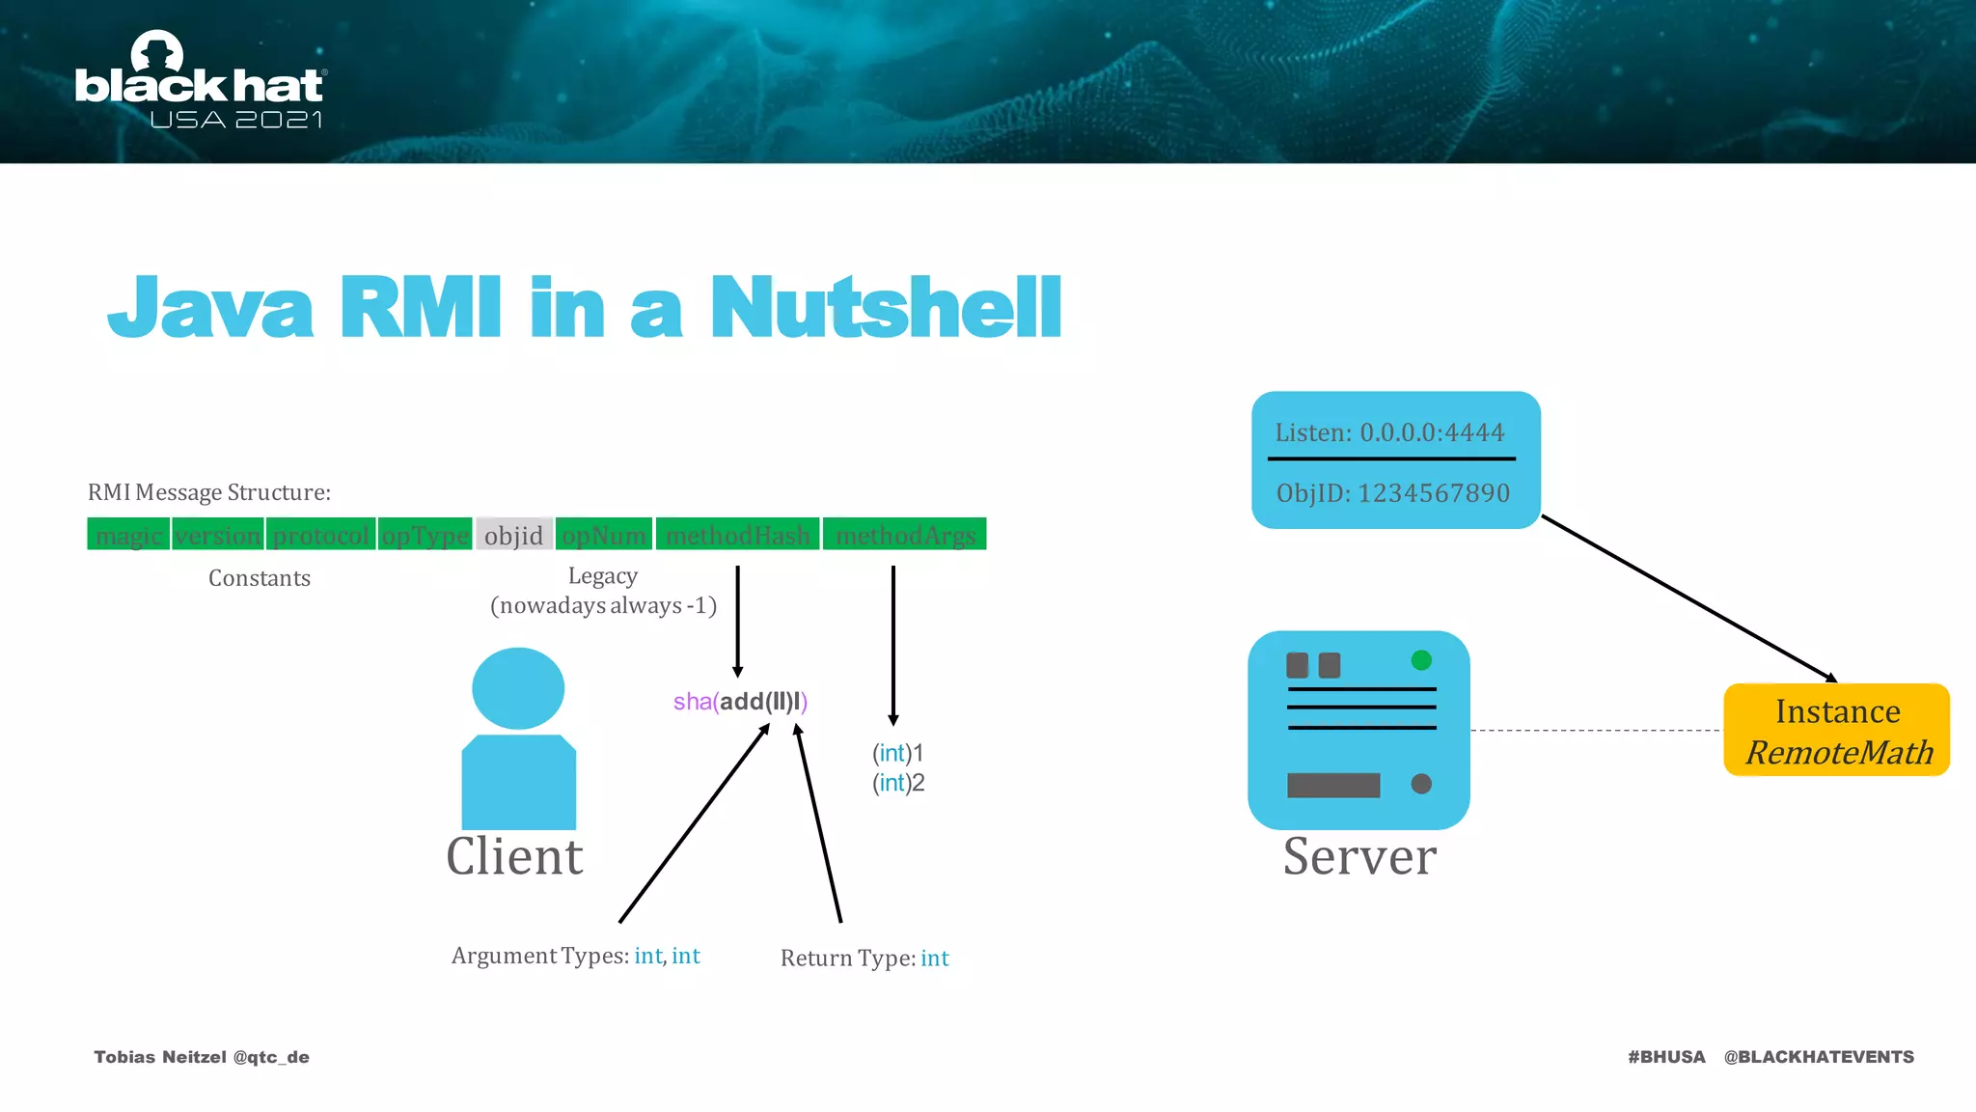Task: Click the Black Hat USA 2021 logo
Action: tap(201, 82)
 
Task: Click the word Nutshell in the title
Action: tap(886, 308)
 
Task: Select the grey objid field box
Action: tap(514, 535)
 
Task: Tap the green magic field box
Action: tap(128, 535)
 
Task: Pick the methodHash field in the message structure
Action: tap(737, 535)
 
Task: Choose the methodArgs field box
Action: tap(905, 535)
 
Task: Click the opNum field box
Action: tap(604, 535)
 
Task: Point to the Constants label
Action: tap(260, 578)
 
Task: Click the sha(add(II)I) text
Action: tap(740, 702)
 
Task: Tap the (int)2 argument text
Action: tap(898, 783)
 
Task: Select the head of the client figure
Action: tap(518, 688)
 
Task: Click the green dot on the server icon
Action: tap(1421, 660)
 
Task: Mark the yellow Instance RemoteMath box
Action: tap(1837, 731)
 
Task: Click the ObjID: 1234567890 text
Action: tap(1393, 493)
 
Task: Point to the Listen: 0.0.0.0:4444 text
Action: tap(1389, 432)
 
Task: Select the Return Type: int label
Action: tap(864, 959)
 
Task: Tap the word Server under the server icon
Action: tap(1359, 856)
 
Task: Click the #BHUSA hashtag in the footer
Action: tap(1666, 1057)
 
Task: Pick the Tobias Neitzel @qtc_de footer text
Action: tap(202, 1057)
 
